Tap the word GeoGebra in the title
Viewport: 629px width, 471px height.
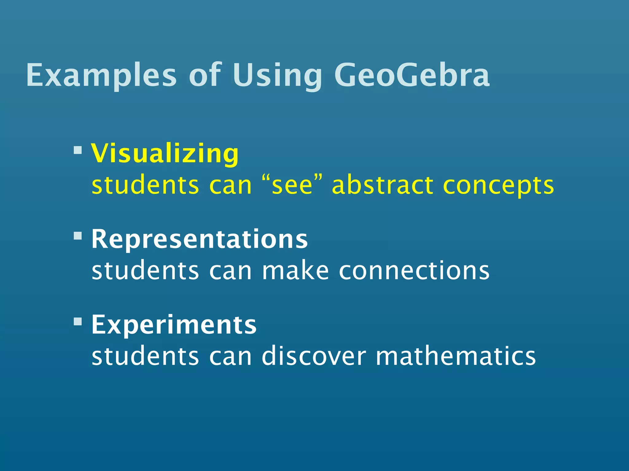(412, 75)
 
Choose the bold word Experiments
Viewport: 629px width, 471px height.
(174, 325)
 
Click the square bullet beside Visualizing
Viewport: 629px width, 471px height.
(78, 150)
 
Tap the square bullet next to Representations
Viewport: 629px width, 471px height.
(78, 236)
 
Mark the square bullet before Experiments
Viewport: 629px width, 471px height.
(78, 321)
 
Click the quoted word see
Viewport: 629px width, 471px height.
(292, 186)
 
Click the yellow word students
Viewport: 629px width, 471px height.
(145, 185)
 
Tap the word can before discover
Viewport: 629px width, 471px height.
(230, 357)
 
